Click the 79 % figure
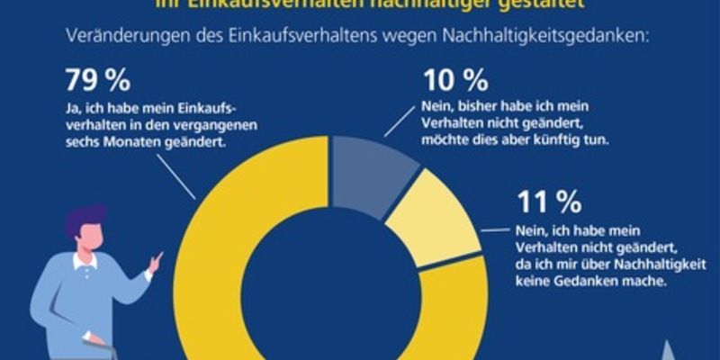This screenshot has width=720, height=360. (98, 81)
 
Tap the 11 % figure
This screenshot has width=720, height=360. (546, 200)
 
